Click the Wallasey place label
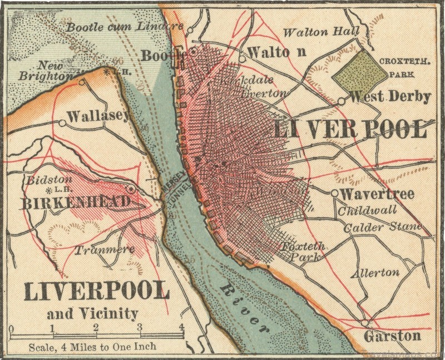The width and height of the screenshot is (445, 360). tap(98, 116)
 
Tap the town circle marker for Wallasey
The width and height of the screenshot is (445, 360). tap(62, 123)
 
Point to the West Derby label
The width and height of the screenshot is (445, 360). tap(390, 97)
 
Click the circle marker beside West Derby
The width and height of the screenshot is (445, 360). tap(341, 101)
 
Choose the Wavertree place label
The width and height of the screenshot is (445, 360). tap(377, 194)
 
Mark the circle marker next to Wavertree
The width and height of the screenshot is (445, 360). tap(334, 193)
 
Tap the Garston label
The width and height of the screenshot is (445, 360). tap(392, 336)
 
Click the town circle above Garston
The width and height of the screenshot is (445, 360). tap(364, 323)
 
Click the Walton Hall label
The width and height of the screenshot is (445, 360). tap(322, 32)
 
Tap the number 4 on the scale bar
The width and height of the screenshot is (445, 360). tap(181, 327)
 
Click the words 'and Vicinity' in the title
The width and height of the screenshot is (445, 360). tap(92, 314)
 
